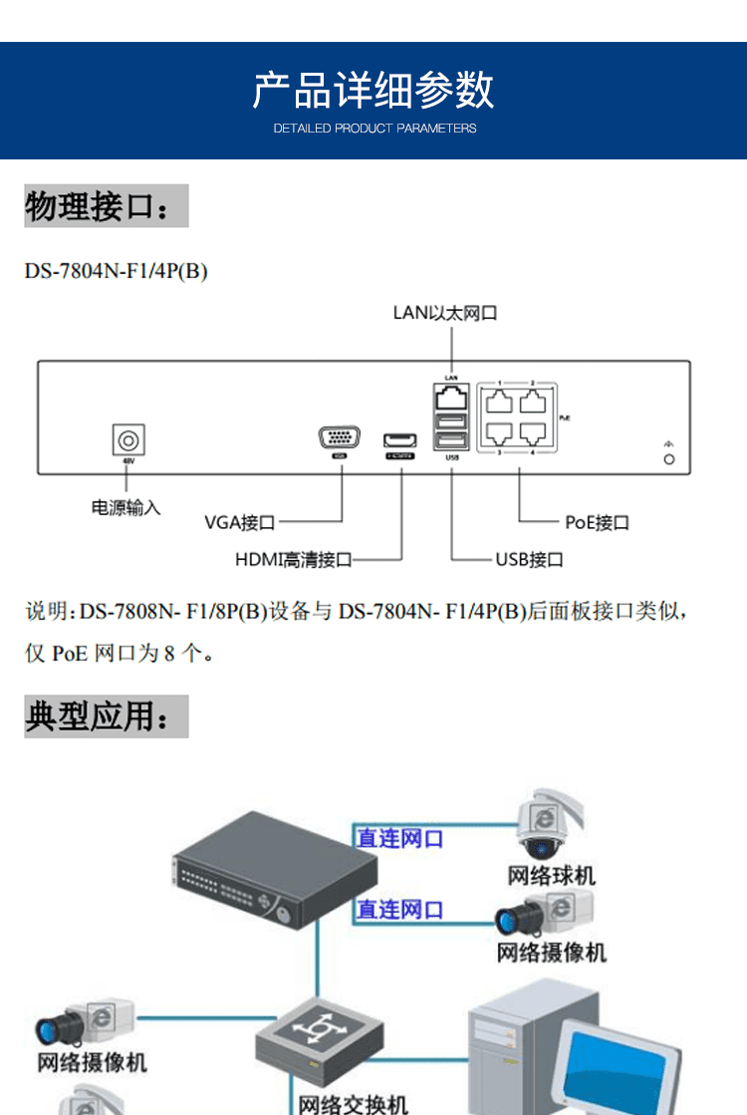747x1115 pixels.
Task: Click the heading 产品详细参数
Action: click(x=373, y=90)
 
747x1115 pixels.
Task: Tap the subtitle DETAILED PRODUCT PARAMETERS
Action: click(x=374, y=129)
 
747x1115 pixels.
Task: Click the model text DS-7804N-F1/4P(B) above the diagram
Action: click(x=116, y=271)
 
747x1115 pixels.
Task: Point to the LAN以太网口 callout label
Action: click(x=445, y=313)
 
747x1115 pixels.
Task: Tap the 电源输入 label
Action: click(x=125, y=507)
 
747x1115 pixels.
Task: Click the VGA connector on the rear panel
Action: click(x=341, y=438)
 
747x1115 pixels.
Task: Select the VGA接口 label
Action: click(x=240, y=522)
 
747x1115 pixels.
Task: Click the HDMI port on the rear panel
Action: click(x=400, y=439)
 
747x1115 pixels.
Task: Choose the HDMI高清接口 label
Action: click(x=294, y=560)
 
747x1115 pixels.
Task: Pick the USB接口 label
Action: click(x=529, y=560)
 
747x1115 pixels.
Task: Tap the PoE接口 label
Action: click(x=597, y=522)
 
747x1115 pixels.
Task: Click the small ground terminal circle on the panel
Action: click(x=669, y=459)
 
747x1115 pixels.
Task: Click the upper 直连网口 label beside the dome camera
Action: click(x=400, y=839)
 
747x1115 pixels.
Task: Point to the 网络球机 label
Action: click(x=552, y=876)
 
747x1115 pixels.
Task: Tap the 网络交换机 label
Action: click(x=354, y=1104)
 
